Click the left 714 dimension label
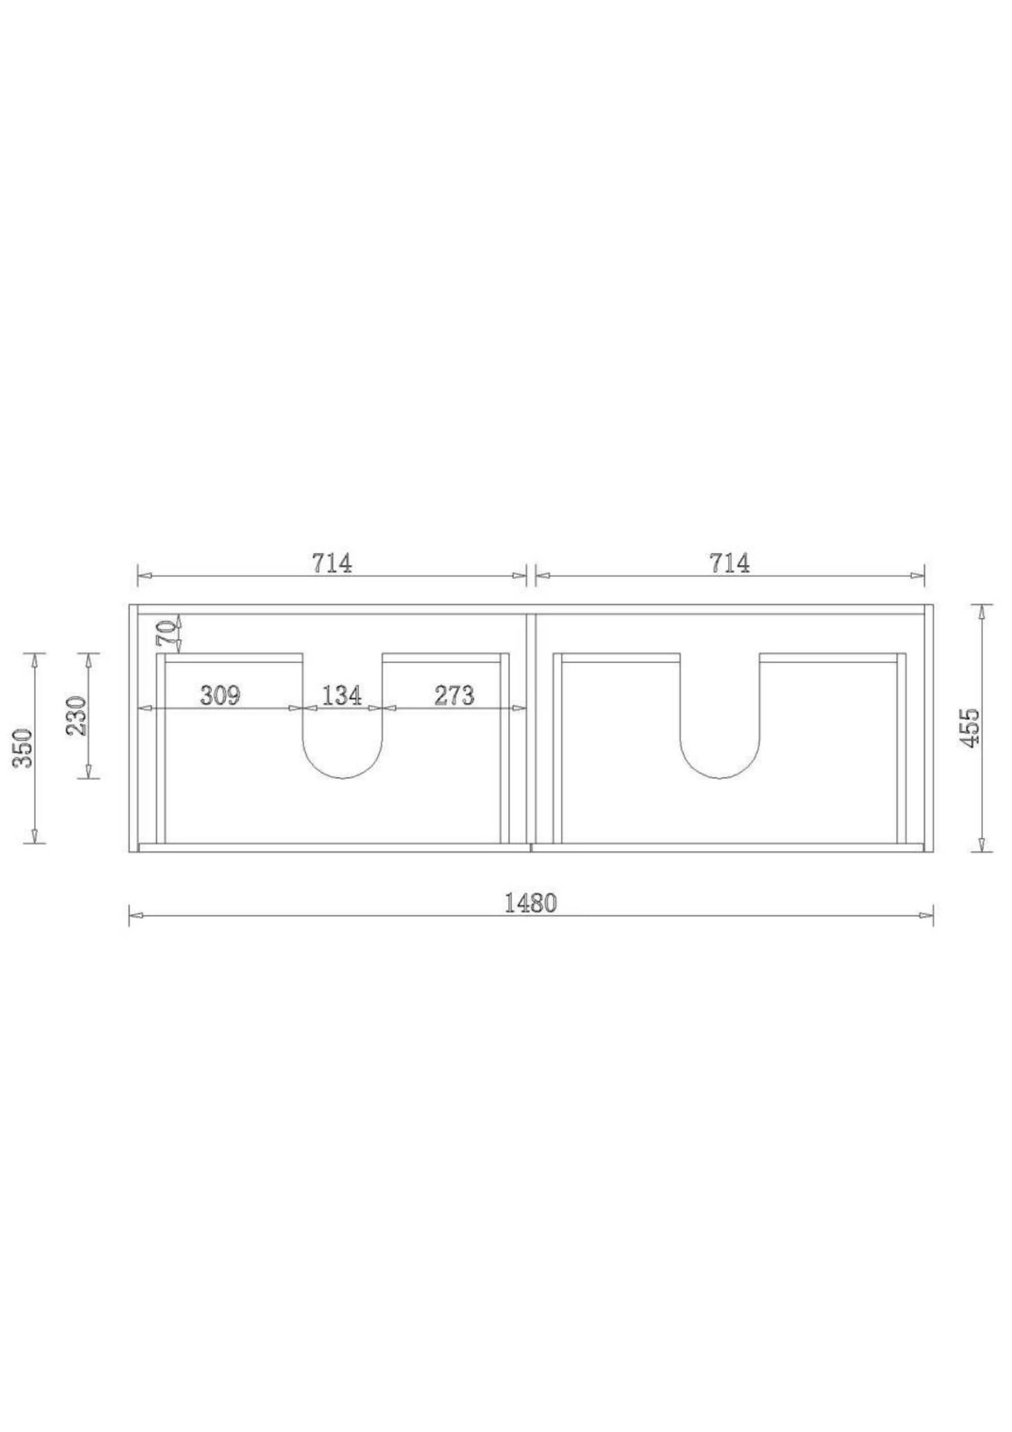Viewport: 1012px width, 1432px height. click(x=332, y=563)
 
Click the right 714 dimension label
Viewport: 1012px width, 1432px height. click(x=730, y=563)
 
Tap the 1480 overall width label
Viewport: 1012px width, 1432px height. click(x=530, y=903)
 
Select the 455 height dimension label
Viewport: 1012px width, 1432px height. click(x=971, y=728)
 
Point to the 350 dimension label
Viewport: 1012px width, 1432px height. click(x=23, y=747)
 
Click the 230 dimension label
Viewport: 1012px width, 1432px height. click(x=76, y=715)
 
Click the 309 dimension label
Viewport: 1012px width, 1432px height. click(x=220, y=696)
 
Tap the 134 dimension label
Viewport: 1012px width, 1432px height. click(x=342, y=696)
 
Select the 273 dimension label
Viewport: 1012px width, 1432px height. click(x=454, y=696)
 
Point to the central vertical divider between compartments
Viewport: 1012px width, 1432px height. click(x=531, y=727)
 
